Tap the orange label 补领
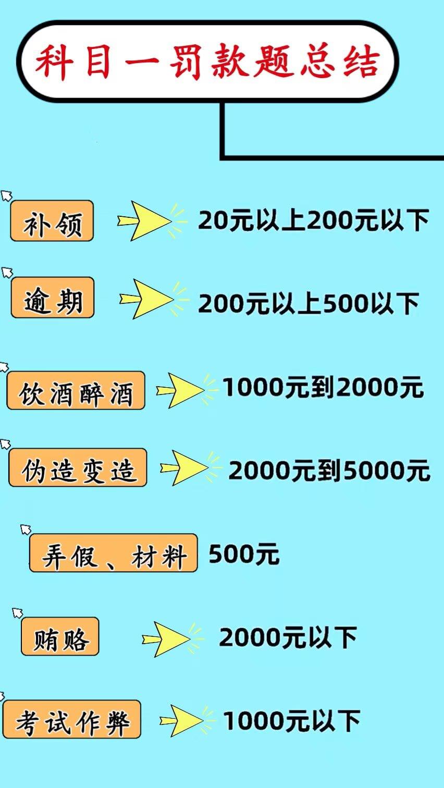pos(52,221)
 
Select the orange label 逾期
pos(53,298)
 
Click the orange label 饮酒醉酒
pos(76,390)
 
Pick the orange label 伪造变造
pos(78,468)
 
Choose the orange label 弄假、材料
pos(114,553)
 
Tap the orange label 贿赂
pos(60,637)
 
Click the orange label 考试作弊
pos(72,720)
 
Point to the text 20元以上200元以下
pos(313,220)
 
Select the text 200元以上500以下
pos(309,303)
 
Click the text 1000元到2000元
pos(323,388)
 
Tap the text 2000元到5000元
pos(329,471)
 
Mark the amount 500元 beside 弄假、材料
pos(244,555)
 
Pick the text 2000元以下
pos(288,637)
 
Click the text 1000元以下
pos(291,721)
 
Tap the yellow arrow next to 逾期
pos(146,299)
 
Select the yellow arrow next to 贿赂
pos(167,639)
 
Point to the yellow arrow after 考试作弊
pos(181,721)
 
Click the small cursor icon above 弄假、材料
pos(26,530)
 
